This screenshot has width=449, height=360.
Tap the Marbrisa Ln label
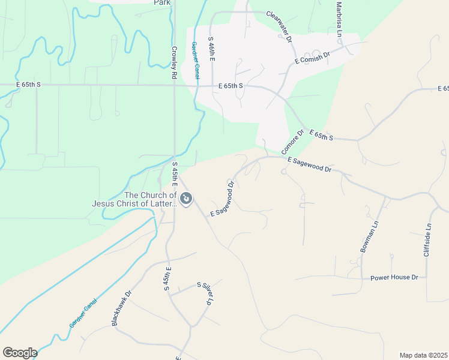(339, 17)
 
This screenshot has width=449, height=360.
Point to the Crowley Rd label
(174, 63)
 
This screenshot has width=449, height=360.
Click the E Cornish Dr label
(312, 58)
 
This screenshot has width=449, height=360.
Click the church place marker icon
(186, 199)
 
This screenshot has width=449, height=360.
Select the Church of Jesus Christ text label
(134, 199)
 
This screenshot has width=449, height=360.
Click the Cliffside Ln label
(427, 241)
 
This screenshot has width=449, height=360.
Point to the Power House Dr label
(394, 277)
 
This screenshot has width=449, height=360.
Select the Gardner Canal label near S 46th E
(195, 60)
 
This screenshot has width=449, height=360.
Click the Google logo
(20, 353)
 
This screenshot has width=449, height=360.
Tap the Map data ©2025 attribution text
(423, 355)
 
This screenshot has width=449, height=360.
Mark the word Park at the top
(162, 2)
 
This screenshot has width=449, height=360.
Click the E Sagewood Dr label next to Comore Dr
(309, 165)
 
